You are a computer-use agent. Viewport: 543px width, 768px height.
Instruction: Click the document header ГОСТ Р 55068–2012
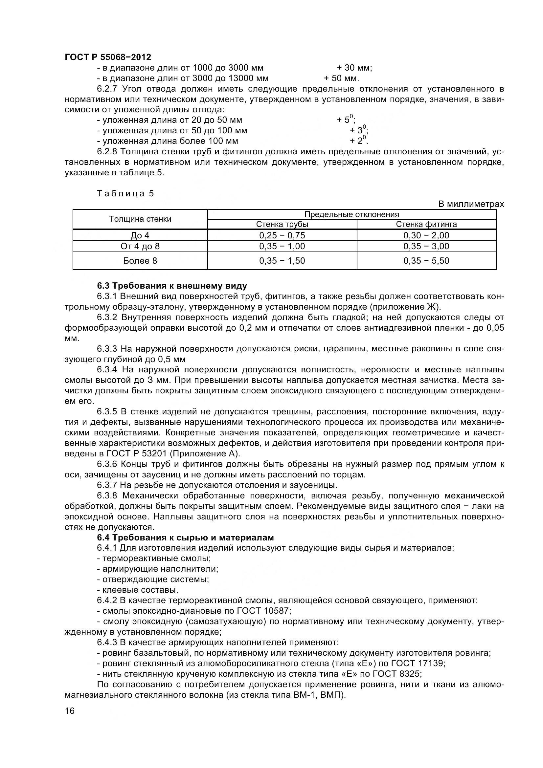tap(108, 57)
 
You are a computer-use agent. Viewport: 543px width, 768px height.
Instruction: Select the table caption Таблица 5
tap(125, 194)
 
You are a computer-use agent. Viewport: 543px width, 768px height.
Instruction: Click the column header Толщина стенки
tap(140, 219)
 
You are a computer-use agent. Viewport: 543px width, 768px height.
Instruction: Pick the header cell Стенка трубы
tap(282, 224)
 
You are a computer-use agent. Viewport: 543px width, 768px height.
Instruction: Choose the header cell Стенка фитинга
tap(426, 224)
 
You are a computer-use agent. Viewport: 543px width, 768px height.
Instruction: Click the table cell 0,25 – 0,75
tap(282, 235)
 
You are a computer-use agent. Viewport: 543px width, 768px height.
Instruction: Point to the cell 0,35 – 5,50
tap(426, 261)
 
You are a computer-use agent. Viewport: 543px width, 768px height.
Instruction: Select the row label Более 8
tap(140, 261)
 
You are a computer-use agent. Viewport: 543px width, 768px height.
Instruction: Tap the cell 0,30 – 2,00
tap(426, 235)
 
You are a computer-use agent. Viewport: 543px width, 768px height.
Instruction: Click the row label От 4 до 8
tap(140, 247)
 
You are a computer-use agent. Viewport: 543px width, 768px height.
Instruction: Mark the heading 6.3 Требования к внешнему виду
tap(172, 286)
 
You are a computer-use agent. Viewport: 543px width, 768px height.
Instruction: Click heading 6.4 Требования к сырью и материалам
tap(185, 538)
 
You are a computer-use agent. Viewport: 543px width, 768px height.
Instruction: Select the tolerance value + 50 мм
tap(341, 78)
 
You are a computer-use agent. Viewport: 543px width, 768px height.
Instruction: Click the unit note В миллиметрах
tap(471, 204)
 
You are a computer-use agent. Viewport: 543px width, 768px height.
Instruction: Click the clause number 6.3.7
tap(107, 485)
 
